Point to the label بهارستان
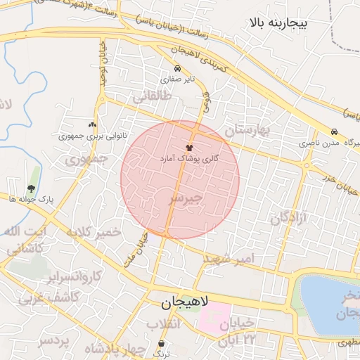point(247,130)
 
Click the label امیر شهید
point(237,259)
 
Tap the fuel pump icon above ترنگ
point(162,344)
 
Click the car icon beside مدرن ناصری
point(334,131)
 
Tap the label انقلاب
point(163,324)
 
